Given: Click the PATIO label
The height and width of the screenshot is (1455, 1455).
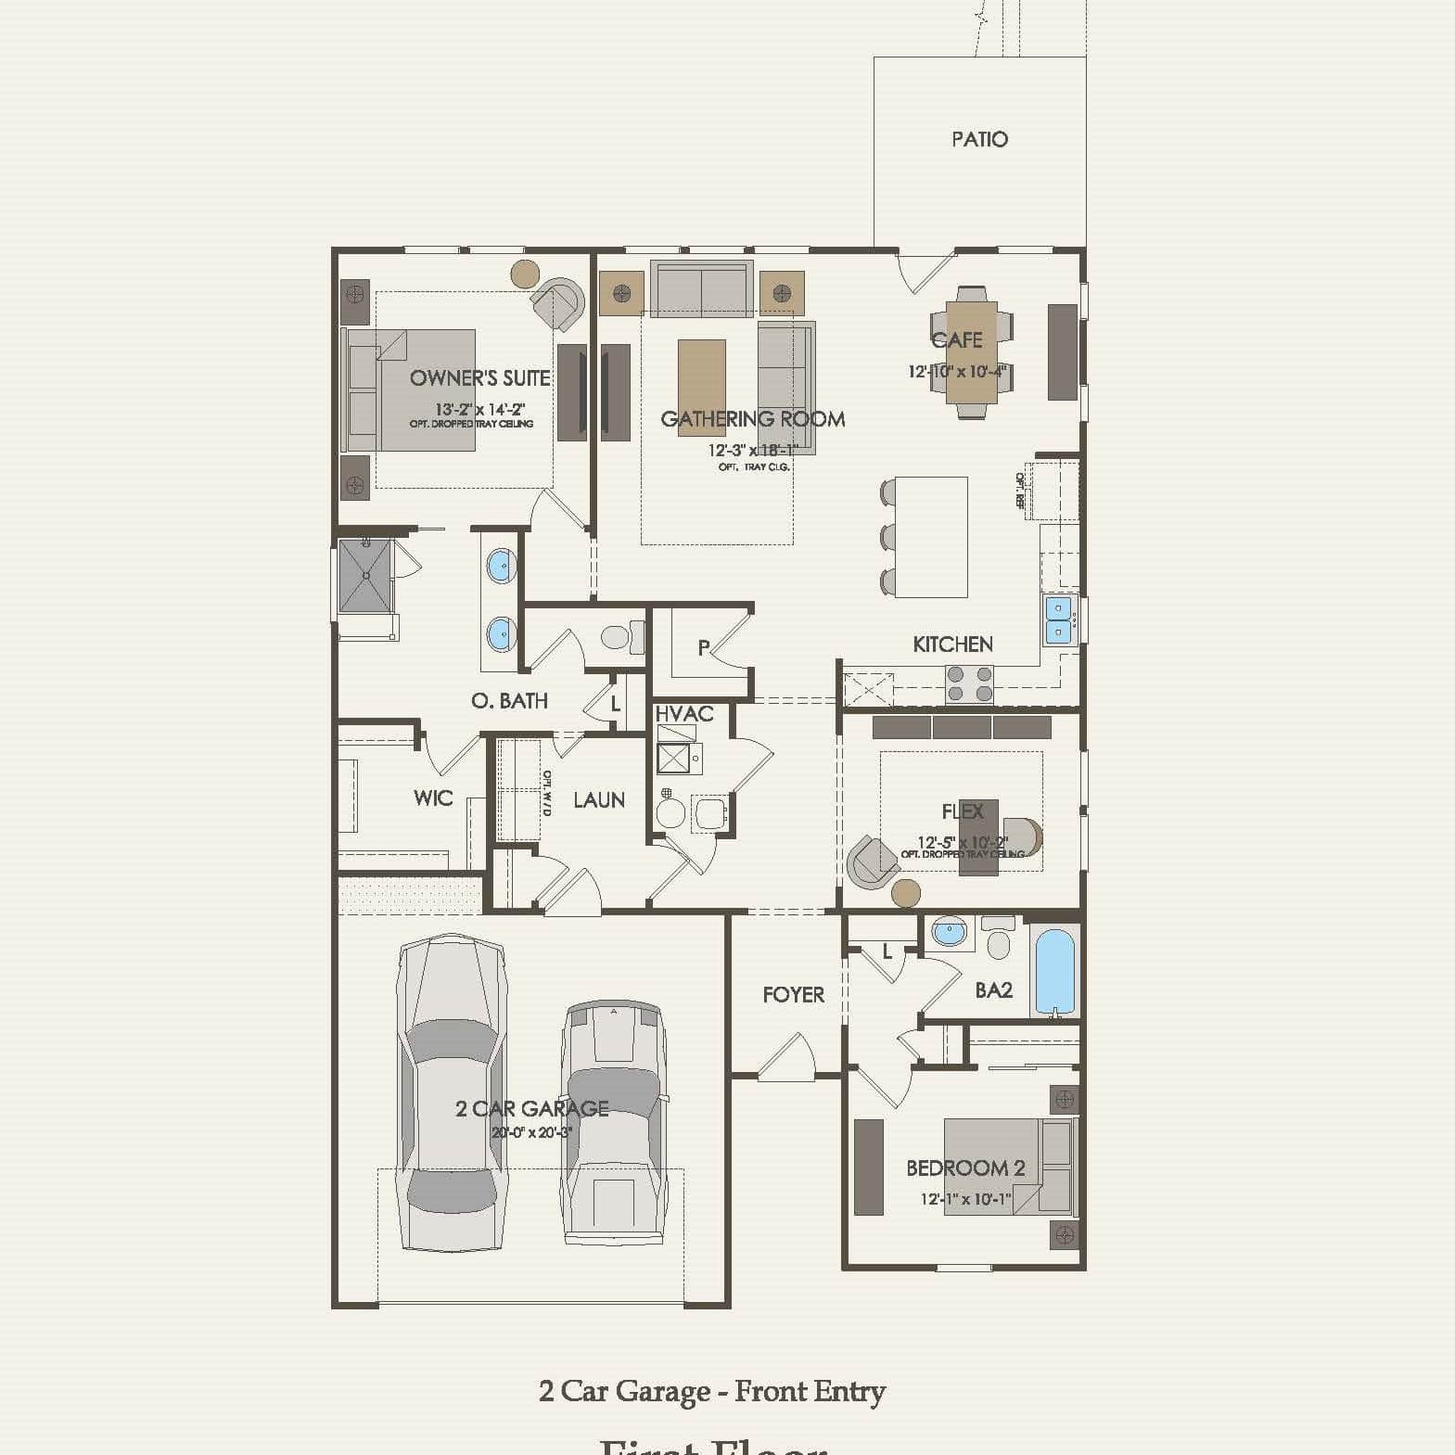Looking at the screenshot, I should pyautogui.click(x=979, y=139).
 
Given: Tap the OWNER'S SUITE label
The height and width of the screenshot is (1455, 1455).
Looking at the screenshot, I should pyautogui.click(x=479, y=378).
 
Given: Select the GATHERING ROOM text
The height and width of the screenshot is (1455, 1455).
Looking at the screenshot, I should pyautogui.click(x=752, y=419).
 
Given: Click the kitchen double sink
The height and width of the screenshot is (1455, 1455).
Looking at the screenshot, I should pyautogui.click(x=1058, y=620).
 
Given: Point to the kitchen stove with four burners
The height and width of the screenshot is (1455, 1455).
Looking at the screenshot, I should pyautogui.click(x=969, y=684).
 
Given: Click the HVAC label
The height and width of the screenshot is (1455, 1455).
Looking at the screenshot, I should pyautogui.click(x=684, y=714).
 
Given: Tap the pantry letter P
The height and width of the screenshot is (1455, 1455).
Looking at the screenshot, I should pyautogui.click(x=704, y=648).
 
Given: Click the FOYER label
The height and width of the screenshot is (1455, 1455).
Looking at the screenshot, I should pyautogui.click(x=793, y=995).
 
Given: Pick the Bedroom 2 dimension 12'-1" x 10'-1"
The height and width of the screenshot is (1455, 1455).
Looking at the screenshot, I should pyautogui.click(x=965, y=1199).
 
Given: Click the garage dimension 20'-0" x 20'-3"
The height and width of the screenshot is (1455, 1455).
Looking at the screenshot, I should pyautogui.click(x=531, y=1132).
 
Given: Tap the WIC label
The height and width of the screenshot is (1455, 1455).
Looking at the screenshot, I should pyautogui.click(x=433, y=798).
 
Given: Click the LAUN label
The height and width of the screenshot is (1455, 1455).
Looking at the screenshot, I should pyautogui.click(x=598, y=799).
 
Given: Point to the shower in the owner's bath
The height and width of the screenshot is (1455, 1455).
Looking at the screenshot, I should pyautogui.click(x=365, y=576).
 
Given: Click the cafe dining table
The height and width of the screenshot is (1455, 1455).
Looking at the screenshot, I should pyautogui.click(x=971, y=353).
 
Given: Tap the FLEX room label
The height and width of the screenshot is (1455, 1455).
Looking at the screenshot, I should pyautogui.click(x=962, y=811).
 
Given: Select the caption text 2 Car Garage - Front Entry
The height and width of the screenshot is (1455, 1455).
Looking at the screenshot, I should pyautogui.click(x=711, y=1391).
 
